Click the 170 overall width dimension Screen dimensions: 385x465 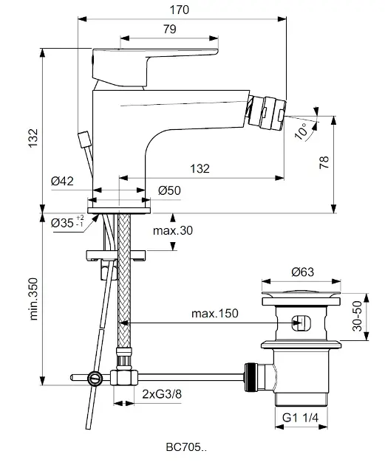point(179,10)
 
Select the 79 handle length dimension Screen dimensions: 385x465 point(169,29)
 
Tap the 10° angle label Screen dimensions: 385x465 point(301,131)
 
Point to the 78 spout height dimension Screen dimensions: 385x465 point(324,162)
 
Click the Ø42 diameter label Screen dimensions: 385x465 point(62,181)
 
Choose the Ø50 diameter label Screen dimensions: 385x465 point(169,190)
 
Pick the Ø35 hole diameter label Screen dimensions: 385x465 point(67,223)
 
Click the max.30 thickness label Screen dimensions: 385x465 point(173,230)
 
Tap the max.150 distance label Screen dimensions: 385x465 point(214,314)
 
